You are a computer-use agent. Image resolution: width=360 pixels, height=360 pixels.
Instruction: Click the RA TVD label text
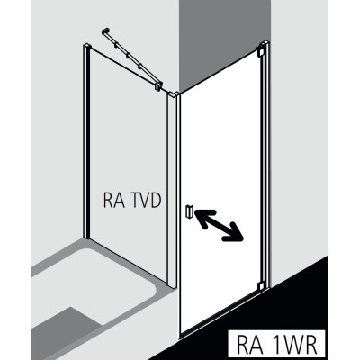point(132,201)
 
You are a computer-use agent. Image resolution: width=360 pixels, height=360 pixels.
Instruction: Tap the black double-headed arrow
point(219,225)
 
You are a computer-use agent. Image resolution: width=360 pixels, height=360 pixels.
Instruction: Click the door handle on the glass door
point(189,211)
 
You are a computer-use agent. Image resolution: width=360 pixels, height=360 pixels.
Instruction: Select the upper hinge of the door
point(260,51)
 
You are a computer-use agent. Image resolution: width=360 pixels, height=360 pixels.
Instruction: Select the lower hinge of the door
point(263,285)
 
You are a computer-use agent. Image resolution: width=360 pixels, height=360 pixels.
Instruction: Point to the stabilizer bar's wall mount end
point(105,31)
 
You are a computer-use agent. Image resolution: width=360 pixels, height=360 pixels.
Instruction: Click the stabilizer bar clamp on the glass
point(157,85)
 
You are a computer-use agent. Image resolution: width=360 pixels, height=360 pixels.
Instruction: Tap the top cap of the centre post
point(174,94)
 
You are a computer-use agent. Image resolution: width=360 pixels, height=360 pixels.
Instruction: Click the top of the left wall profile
point(86,46)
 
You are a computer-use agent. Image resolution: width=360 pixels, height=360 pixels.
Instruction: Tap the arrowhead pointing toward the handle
point(202,215)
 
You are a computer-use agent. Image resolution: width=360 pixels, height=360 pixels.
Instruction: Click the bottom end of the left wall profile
point(86,236)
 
